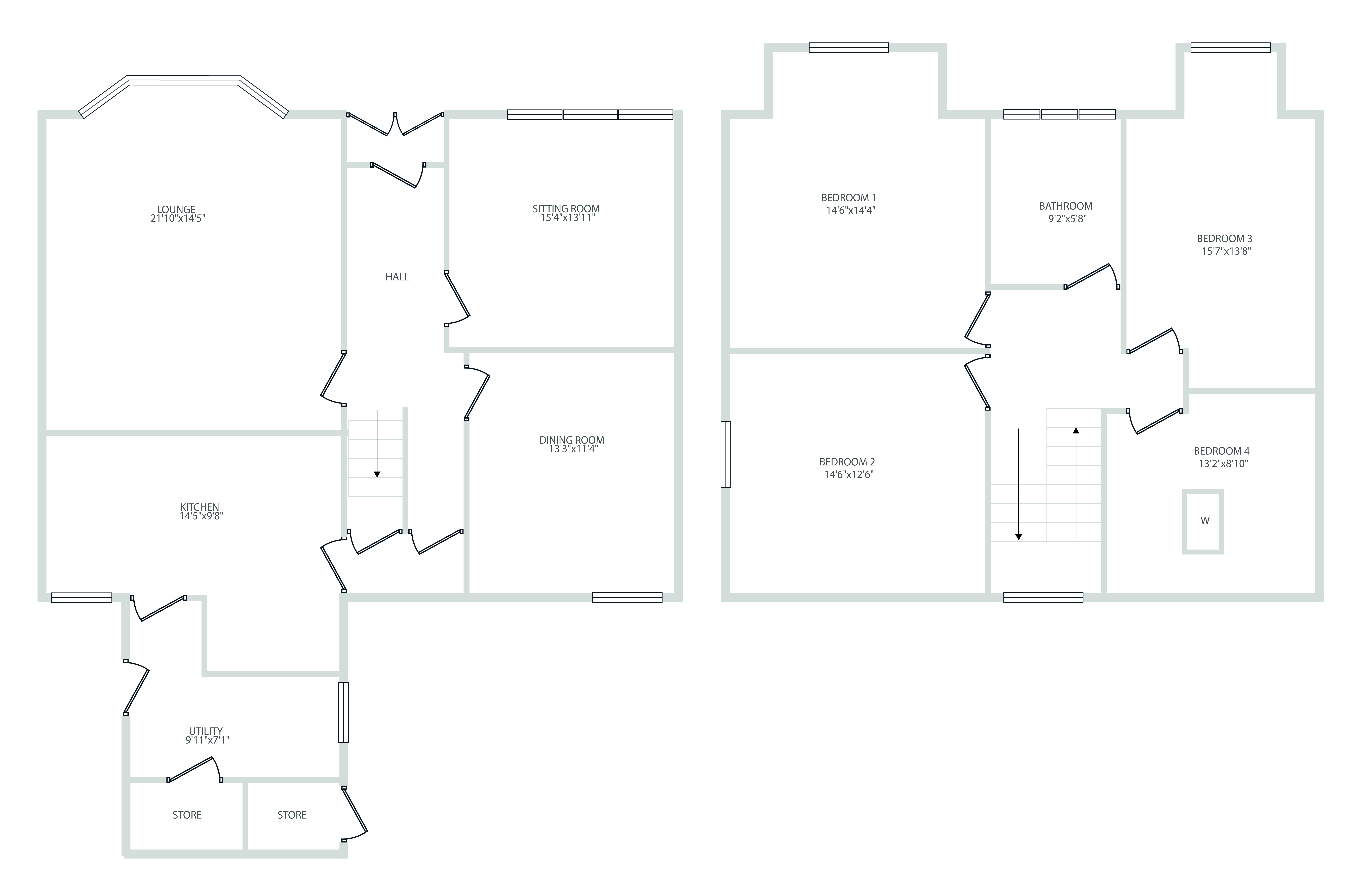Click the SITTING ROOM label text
coord(566,209)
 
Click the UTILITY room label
coord(206,731)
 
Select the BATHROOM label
coord(1066,206)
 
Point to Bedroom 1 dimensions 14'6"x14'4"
coord(850,210)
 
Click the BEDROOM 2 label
coord(847,462)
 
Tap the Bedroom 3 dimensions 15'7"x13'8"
coord(1226,251)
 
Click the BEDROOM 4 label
coord(1221,451)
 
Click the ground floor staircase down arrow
coord(377,443)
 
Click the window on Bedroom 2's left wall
coord(726,454)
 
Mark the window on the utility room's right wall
coord(343,712)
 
